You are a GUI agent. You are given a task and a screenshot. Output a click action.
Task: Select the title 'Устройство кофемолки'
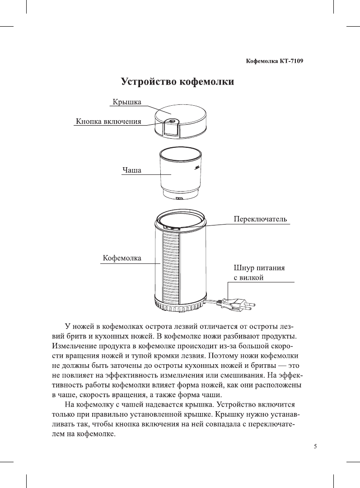click(177, 83)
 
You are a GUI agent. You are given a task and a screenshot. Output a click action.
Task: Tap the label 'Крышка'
click(126, 103)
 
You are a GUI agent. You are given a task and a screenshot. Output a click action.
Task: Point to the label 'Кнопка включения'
click(108, 122)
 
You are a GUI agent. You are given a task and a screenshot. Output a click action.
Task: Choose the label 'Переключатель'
click(260, 219)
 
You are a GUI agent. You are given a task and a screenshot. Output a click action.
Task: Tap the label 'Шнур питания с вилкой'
click(259, 272)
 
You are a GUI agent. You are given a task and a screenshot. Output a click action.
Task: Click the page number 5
click(315, 447)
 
